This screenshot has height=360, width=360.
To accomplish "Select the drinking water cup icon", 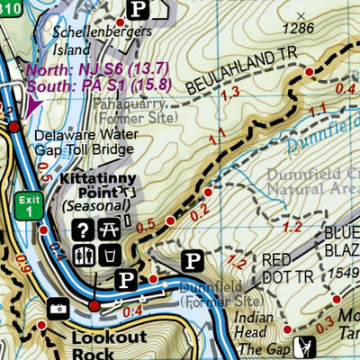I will pos(108,254).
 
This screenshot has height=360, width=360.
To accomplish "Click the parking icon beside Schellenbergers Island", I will pos(138,8).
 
